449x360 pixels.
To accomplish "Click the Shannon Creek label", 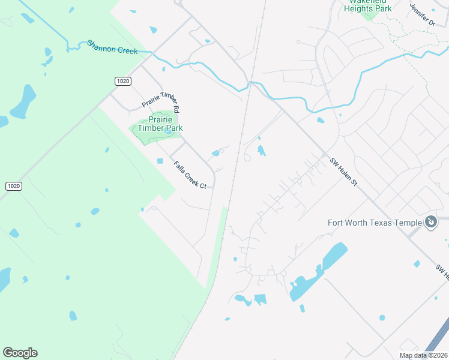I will (112, 47).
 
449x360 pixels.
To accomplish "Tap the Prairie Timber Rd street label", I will (160, 100).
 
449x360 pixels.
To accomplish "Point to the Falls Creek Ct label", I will (190, 175).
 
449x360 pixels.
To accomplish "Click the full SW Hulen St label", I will (343, 171).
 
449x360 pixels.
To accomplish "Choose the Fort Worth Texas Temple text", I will (375, 223).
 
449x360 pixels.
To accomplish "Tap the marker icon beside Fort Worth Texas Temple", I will (431, 223).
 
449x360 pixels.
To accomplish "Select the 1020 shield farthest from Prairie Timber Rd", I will (14, 186).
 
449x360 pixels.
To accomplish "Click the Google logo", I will (20, 353).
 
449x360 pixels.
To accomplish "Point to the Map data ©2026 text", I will (423, 355).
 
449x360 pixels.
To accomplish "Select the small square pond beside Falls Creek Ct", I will (160, 161).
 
